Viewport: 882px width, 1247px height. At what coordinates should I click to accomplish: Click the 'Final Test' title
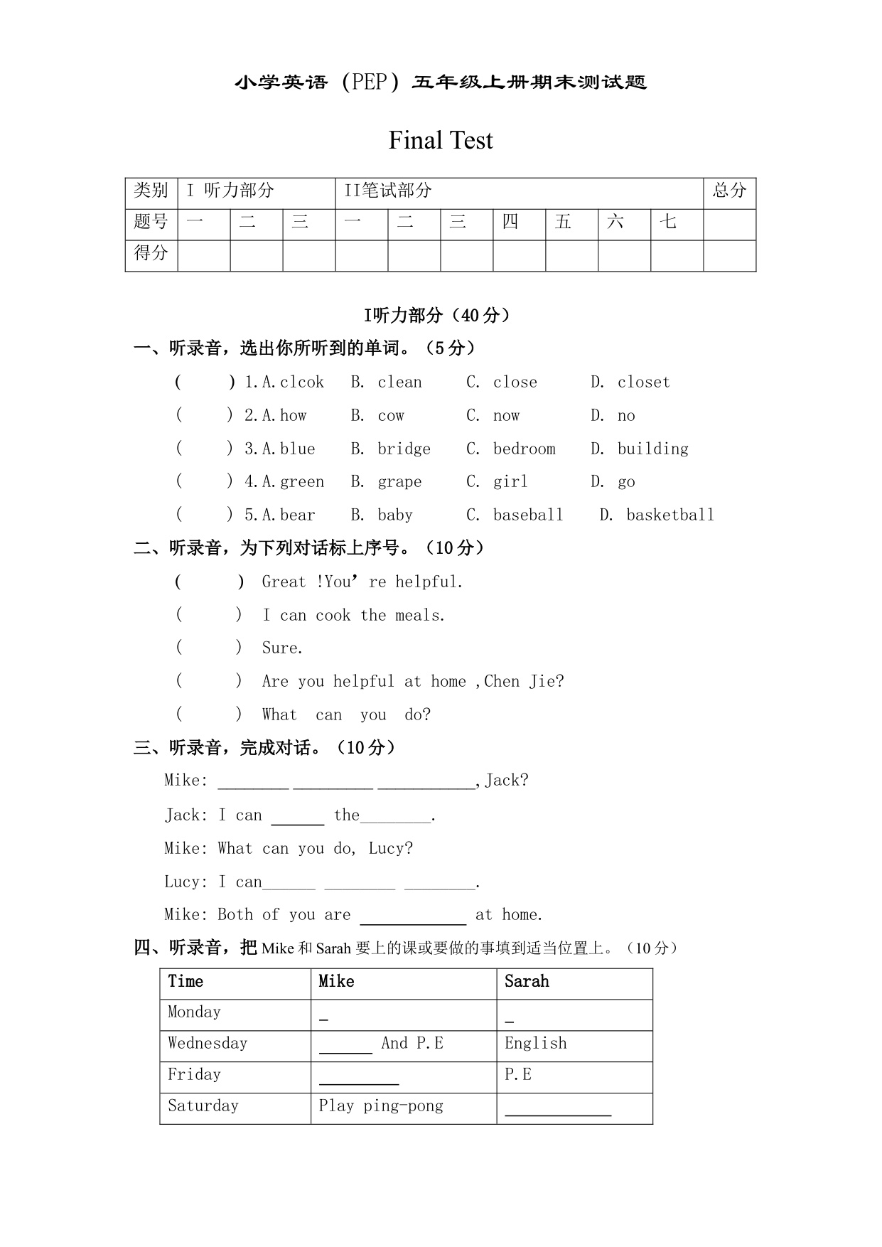point(440,141)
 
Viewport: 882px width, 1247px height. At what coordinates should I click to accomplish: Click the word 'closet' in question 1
point(643,382)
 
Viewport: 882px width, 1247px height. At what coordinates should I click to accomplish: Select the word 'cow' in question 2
point(391,416)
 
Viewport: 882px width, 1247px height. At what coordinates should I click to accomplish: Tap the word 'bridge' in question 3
point(404,449)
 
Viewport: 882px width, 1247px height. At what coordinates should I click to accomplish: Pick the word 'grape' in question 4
point(399,482)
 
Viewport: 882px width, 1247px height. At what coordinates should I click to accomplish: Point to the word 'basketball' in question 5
point(669,515)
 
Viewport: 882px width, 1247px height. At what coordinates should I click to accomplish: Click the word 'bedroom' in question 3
point(524,449)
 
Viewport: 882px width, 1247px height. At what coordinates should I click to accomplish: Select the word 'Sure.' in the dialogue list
point(282,648)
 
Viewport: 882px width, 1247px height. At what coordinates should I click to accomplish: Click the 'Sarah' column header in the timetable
point(527,982)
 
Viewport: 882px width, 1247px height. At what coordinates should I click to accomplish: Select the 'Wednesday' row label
point(208,1044)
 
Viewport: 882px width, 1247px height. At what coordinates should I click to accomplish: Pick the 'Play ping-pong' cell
point(381,1106)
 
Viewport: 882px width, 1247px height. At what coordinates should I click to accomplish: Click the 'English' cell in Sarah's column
point(536,1044)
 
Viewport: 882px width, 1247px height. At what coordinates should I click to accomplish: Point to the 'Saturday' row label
point(203,1106)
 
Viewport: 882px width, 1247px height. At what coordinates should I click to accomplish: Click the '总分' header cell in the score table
point(729,191)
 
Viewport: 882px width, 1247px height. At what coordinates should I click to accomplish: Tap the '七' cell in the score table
point(668,222)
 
